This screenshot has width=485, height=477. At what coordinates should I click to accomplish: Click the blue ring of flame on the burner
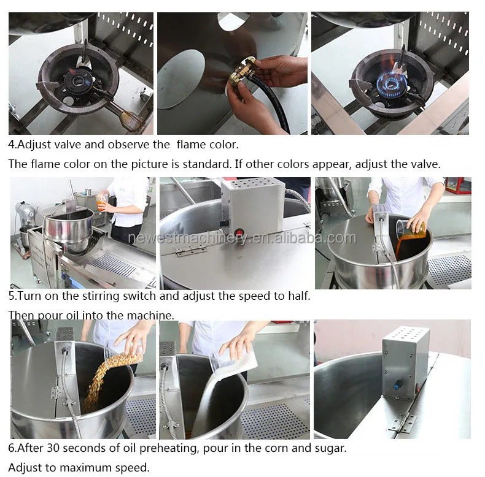click(390, 82)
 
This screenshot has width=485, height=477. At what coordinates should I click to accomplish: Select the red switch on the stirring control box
click(239, 232)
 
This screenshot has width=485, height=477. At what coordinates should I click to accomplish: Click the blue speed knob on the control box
click(396, 384)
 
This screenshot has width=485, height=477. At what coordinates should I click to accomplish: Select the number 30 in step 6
click(53, 448)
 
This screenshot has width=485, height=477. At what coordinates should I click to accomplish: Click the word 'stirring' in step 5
click(100, 297)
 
